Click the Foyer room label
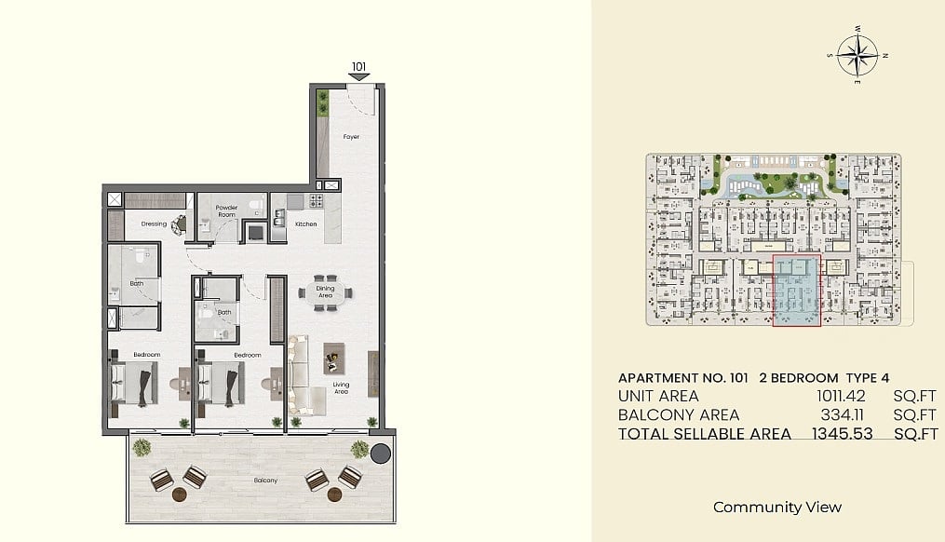pos(351,137)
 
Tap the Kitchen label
pos(305,224)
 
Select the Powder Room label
pos(226,211)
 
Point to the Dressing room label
pos(154,224)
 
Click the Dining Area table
pos(326,293)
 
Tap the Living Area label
pos(341,388)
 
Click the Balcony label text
pos(265,481)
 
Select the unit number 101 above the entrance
pos(359,67)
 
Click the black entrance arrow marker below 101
pos(359,77)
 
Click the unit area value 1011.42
pos(841,396)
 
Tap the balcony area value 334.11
pos(843,414)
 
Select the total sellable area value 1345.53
pos(842,433)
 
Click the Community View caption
pos(776,507)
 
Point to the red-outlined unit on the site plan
pos(797,291)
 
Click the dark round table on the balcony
pos(380,454)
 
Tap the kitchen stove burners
pos(317,201)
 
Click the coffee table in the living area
pos(334,359)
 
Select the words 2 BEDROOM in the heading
pos(799,378)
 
